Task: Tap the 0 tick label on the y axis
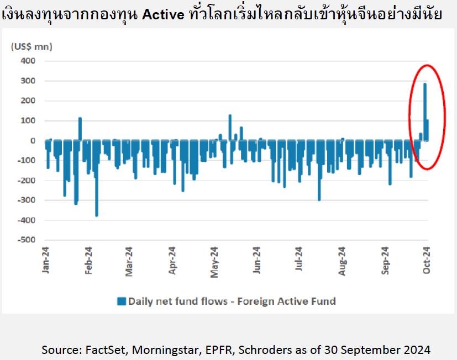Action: pos(33,141)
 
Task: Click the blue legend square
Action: pos(122,301)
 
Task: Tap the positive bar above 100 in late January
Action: pos(80,129)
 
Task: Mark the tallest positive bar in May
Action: pos(230,128)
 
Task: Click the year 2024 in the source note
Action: pos(417,350)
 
